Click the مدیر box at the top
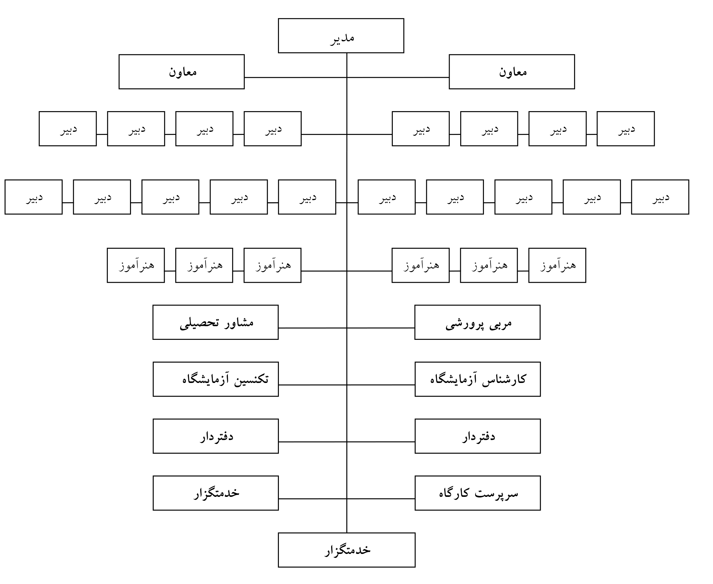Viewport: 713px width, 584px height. click(341, 36)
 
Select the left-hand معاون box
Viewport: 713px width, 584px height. click(182, 72)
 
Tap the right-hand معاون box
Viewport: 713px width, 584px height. click(512, 72)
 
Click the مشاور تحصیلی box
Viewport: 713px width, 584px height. click(216, 322)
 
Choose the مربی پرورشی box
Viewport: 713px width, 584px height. click(478, 322)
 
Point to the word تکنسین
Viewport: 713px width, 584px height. click(251, 379)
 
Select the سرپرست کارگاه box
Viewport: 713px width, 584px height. click(478, 493)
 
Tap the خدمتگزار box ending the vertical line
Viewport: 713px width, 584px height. click(347, 550)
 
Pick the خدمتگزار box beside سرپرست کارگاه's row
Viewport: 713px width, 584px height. click(216, 493)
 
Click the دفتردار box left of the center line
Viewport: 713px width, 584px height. click(216, 436)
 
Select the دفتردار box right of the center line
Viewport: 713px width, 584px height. click(478, 436)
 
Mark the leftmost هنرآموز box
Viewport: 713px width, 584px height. click(136, 265)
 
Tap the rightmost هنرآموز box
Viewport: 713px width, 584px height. click(557, 265)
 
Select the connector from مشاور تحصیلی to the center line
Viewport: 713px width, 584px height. click(313, 328)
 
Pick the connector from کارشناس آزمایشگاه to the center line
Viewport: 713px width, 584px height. click(381, 385)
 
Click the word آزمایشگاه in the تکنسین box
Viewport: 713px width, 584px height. click(206, 379)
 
